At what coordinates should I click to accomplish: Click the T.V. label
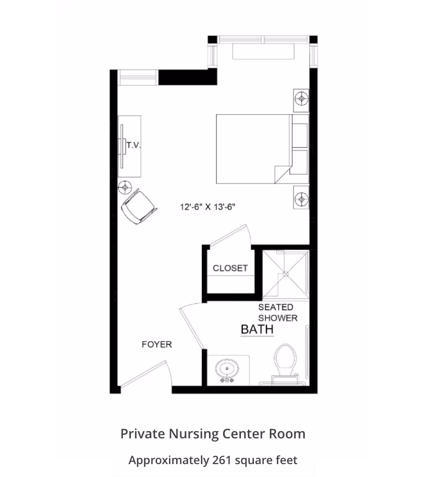tap(134, 145)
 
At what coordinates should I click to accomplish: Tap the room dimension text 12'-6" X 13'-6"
tap(208, 207)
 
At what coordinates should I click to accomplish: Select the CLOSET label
tap(230, 268)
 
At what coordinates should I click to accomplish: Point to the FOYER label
tap(157, 344)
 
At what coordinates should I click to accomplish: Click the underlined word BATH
tap(257, 330)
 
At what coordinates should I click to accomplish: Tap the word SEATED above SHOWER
tap(276, 307)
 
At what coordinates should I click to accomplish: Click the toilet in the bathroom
tap(285, 364)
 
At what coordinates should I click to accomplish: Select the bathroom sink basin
tap(227, 369)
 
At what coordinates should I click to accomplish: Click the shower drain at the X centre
tap(286, 274)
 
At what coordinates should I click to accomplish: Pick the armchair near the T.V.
tap(139, 206)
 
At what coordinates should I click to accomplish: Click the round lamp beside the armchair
tap(125, 187)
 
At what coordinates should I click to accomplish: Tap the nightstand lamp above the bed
tap(301, 99)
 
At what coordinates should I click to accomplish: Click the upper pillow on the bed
tap(300, 135)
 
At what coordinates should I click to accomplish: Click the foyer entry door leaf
tap(143, 374)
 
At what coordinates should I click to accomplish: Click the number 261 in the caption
tap(222, 460)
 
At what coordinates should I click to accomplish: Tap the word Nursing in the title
tap(193, 434)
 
